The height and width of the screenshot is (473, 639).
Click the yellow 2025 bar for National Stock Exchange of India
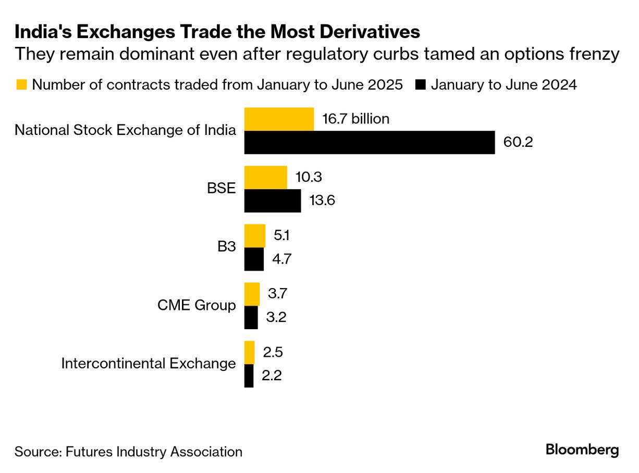(279, 119)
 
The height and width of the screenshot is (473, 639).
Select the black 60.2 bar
(370, 143)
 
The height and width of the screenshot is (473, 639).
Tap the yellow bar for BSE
(266, 178)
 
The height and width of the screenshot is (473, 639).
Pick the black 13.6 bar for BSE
(273, 201)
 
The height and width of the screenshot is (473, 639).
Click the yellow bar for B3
(255, 236)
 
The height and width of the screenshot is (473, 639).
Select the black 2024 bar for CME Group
(251, 317)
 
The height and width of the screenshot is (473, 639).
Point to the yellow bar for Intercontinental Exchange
(250, 353)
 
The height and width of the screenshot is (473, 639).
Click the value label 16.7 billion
(355, 119)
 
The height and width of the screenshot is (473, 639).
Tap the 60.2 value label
(518, 142)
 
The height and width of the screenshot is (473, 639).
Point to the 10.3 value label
(308, 177)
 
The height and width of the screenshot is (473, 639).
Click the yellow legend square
(21, 84)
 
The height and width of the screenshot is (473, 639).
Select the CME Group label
(196, 305)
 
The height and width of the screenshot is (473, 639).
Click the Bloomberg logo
(582, 450)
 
